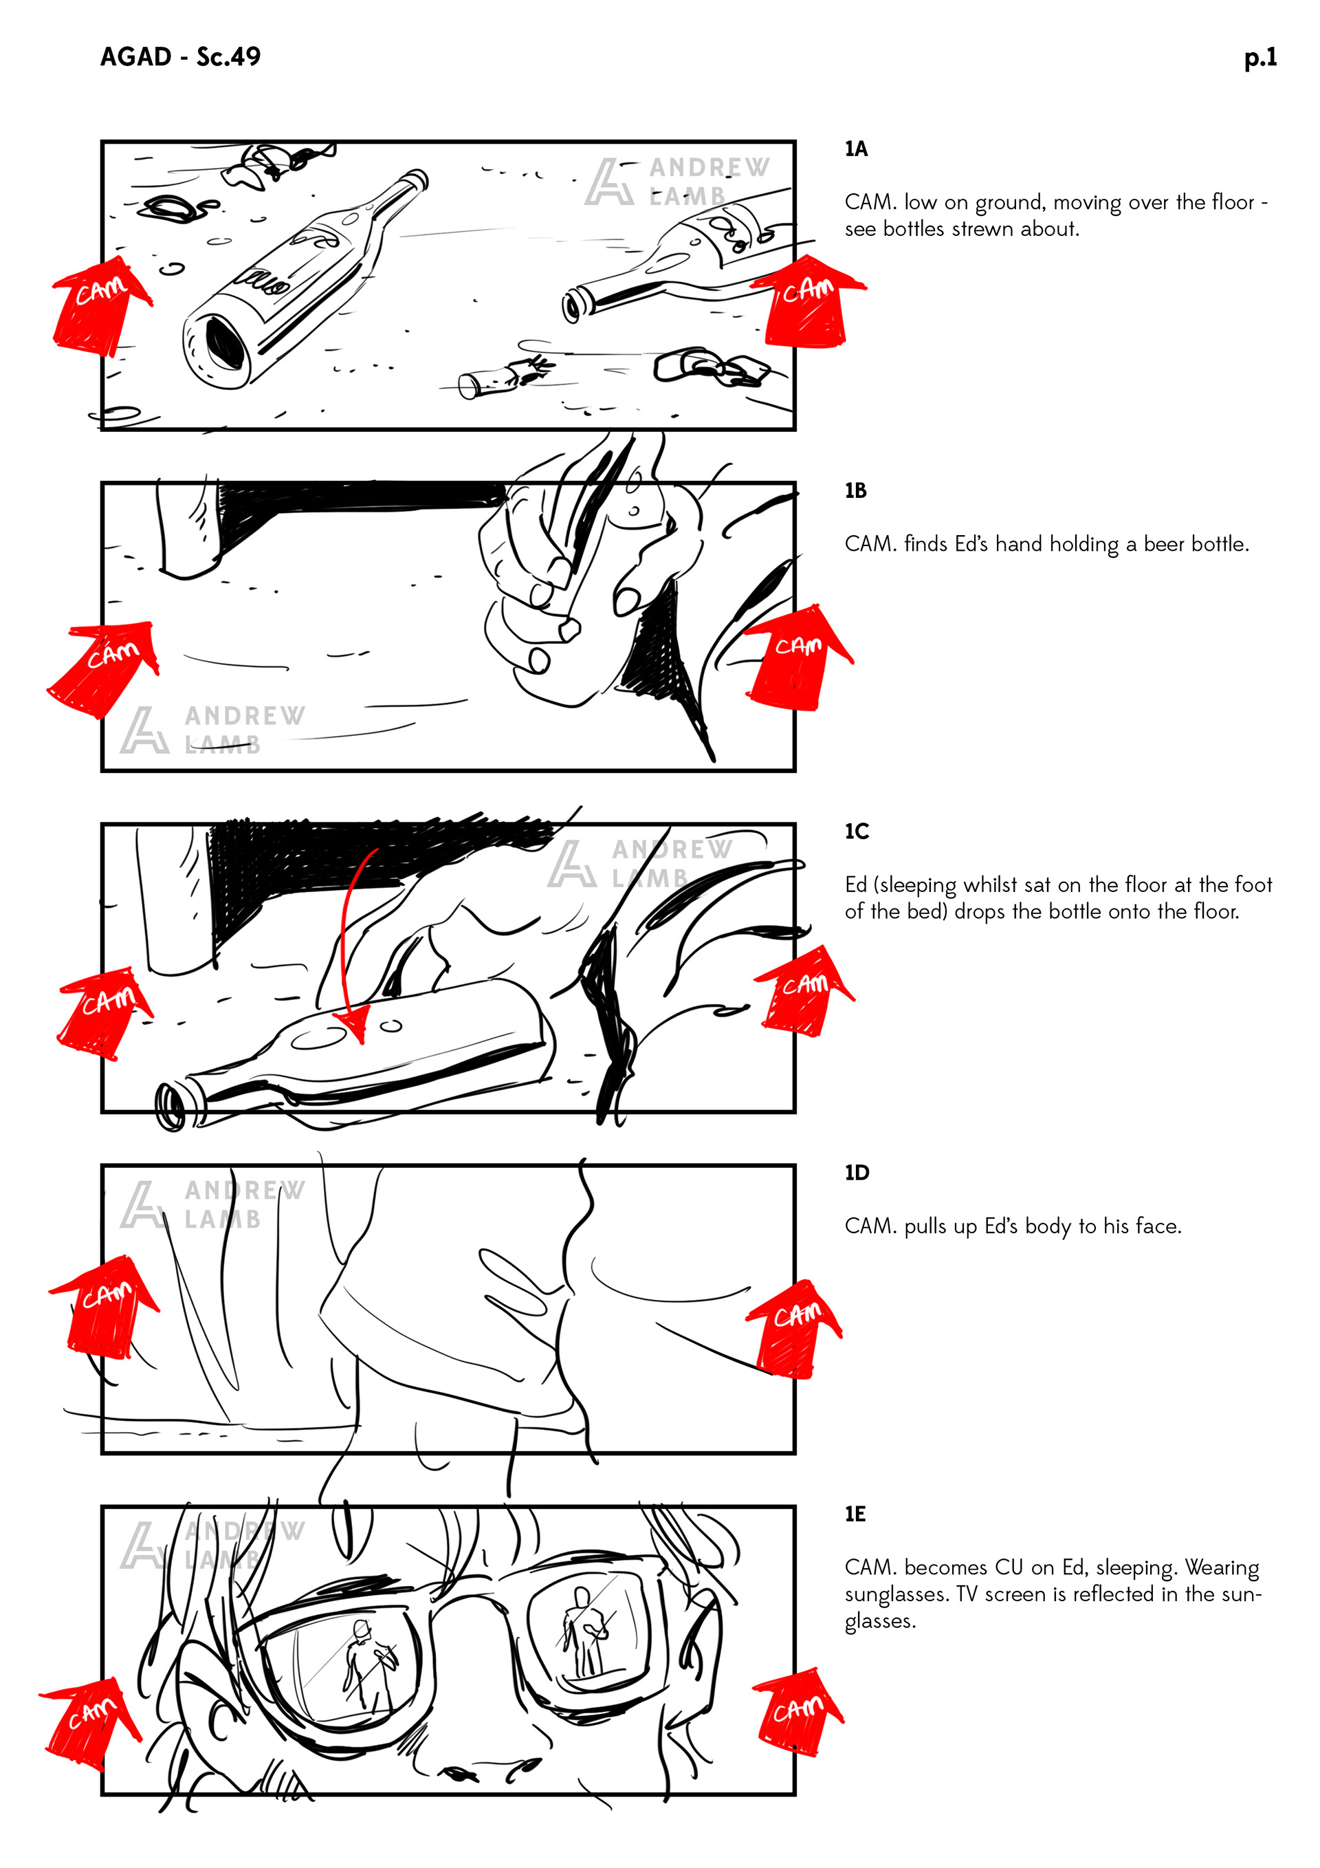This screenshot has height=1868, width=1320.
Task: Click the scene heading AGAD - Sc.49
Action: tap(181, 56)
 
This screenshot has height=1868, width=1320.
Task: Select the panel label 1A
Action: tap(856, 149)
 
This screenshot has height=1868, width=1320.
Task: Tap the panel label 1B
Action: tap(856, 490)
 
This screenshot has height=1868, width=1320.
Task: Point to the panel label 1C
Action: tap(857, 831)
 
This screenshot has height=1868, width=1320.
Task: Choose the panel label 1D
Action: tap(857, 1173)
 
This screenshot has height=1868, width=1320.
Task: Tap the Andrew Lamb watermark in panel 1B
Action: tap(213, 730)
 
